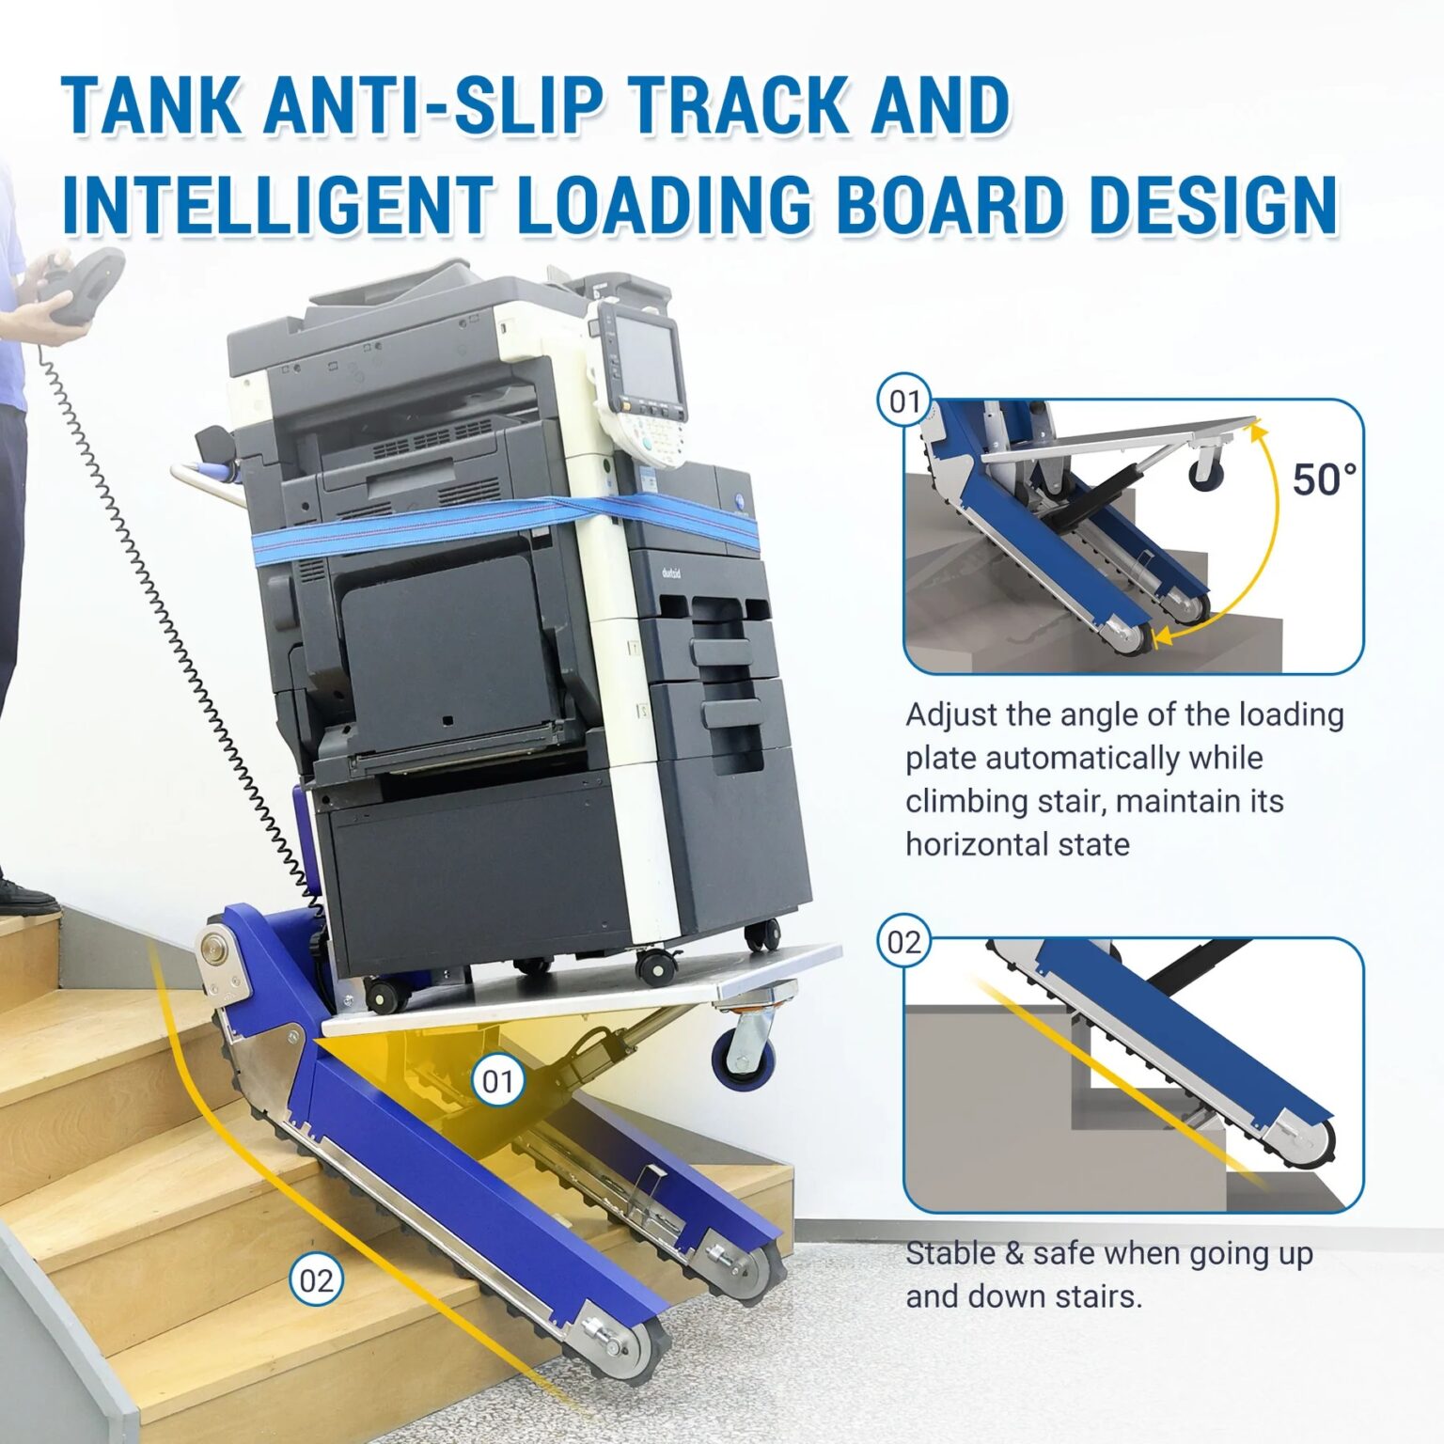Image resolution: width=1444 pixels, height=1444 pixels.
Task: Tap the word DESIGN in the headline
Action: click(1214, 204)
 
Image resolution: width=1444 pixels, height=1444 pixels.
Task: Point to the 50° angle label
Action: click(1324, 479)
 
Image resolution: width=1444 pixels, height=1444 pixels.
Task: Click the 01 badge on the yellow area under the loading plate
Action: click(497, 1081)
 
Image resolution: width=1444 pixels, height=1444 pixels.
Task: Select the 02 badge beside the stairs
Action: click(316, 1280)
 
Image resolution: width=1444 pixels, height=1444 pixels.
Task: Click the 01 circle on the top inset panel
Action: click(904, 401)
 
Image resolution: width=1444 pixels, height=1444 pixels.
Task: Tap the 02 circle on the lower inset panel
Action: click(904, 942)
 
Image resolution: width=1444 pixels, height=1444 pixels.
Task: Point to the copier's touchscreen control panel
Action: click(640, 356)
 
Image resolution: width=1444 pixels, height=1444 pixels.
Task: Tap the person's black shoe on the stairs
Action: click(25, 897)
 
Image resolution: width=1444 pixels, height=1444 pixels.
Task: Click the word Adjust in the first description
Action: click(950, 714)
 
